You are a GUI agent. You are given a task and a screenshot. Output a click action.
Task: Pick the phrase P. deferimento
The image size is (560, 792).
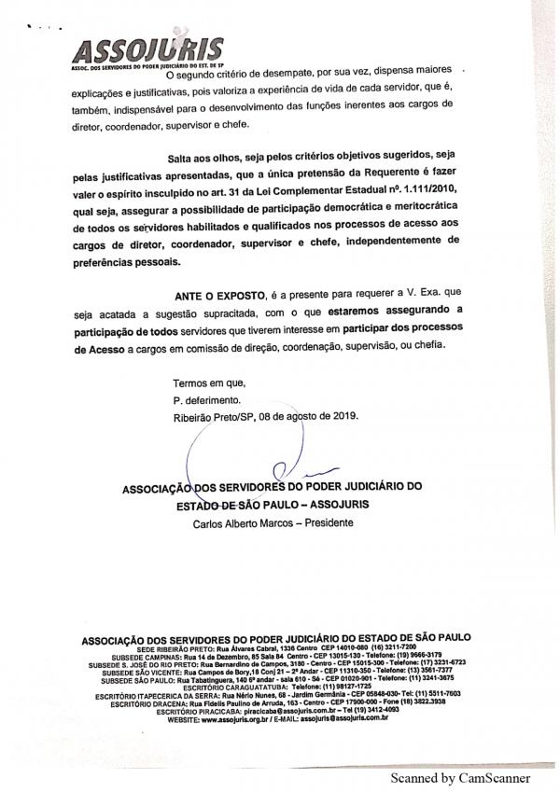coord(207,400)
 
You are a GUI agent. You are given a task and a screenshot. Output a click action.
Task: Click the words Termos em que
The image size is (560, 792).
coord(208,383)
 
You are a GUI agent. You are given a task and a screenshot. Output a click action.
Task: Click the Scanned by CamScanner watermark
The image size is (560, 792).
coord(461,776)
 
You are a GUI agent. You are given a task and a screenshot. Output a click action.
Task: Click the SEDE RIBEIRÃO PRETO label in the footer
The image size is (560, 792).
coord(175,647)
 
